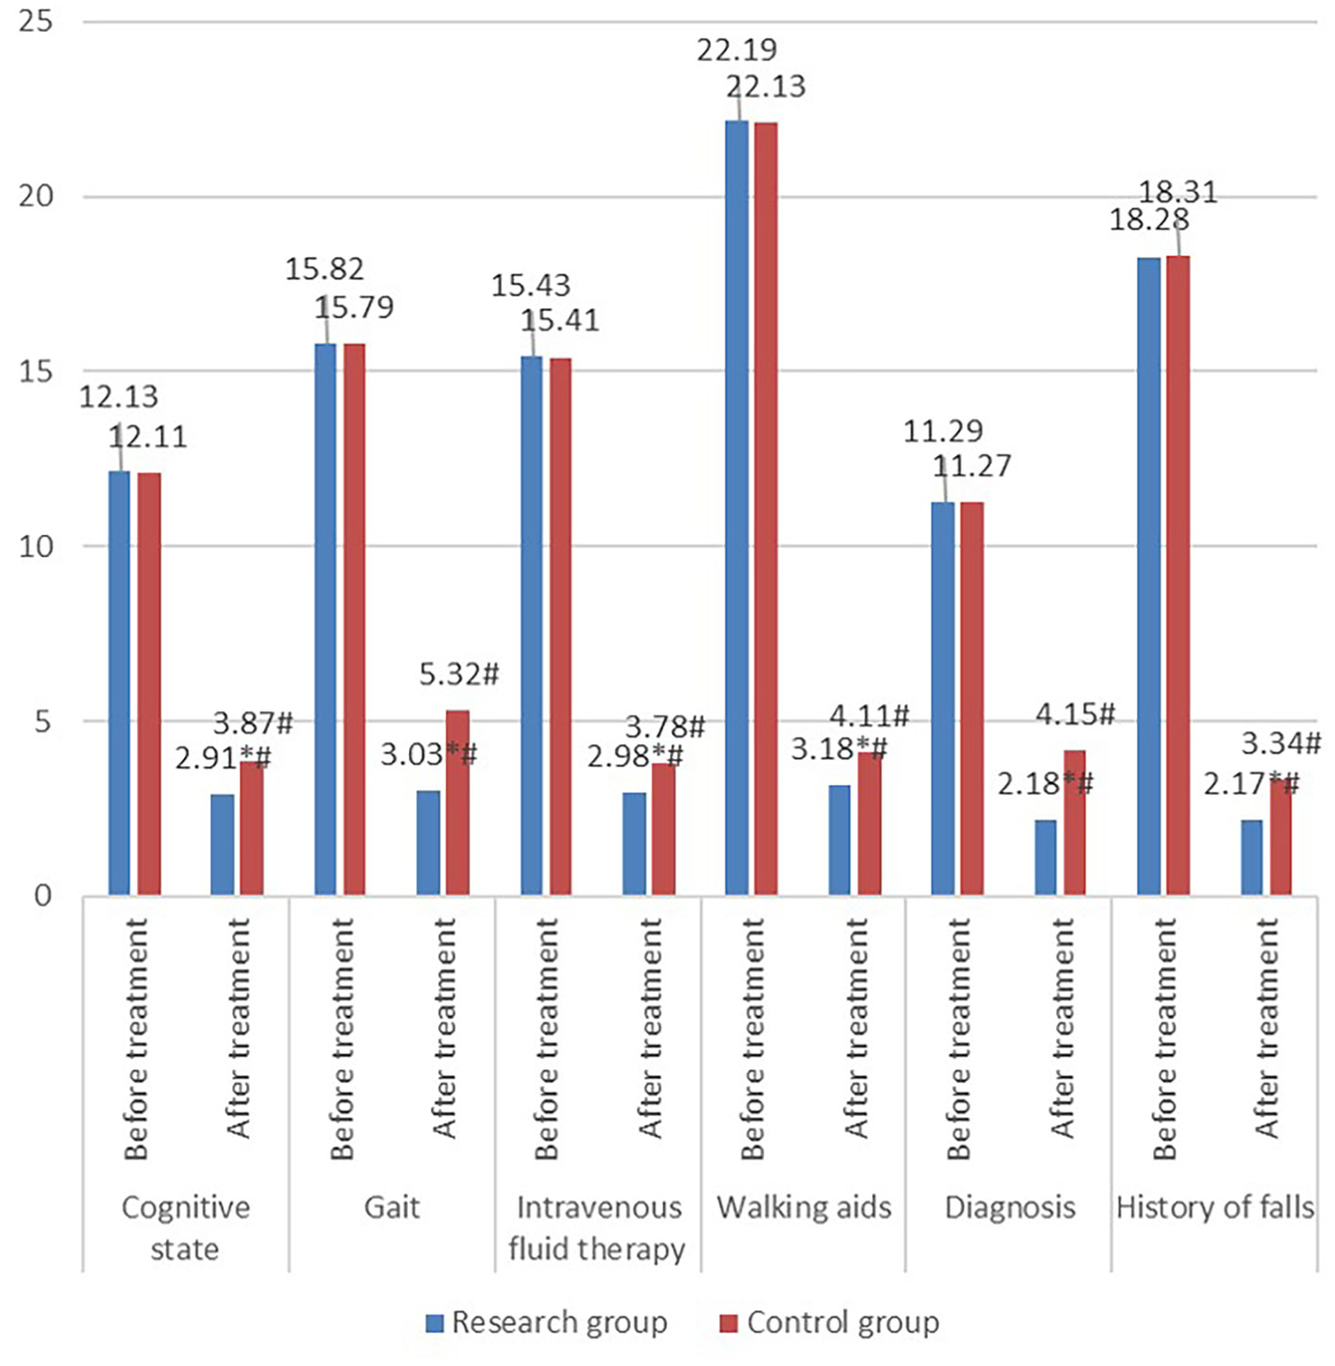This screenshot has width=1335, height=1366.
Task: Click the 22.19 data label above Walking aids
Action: pyautogui.click(x=737, y=49)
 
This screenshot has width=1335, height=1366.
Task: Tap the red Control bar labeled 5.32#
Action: pyautogui.click(x=457, y=802)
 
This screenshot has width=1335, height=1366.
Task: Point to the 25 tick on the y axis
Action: pyautogui.click(x=36, y=21)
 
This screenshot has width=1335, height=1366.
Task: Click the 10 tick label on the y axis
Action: pyautogui.click(x=36, y=546)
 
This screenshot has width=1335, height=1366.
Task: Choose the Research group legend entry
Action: pyautogui.click(x=546, y=1323)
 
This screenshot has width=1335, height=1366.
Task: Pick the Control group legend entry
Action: pyautogui.click(x=829, y=1323)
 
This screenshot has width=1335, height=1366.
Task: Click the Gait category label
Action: pyautogui.click(x=392, y=1207)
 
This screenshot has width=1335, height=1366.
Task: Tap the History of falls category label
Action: pyautogui.click(x=1214, y=1207)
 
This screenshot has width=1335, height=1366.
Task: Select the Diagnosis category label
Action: pyautogui.click(x=1009, y=1207)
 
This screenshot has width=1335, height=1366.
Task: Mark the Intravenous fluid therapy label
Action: pyautogui.click(x=597, y=1228)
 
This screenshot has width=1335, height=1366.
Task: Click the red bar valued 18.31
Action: pyautogui.click(x=1178, y=575)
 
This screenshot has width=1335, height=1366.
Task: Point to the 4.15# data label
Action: pyautogui.click(x=1075, y=714)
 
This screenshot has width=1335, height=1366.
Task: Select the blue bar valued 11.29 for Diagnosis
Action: pyautogui.click(x=943, y=698)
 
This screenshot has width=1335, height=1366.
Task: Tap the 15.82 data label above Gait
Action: pyautogui.click(x=324, y=269)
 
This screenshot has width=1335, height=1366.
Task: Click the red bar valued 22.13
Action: pyautogui.click(x=766, y=509)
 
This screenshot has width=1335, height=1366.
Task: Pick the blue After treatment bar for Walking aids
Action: pyautogui.click(x=839, y=839)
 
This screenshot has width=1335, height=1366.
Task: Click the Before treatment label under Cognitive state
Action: pyautogui.click(x=136, y=1039)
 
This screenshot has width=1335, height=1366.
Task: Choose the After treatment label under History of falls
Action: pyautogui.click(x=1267, y=1029)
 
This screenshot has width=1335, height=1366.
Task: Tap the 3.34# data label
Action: pyautogui.click(x=1280, y=743)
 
